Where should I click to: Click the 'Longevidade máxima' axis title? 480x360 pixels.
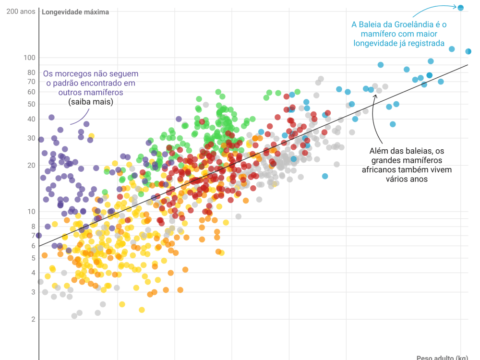[x=75, y=12]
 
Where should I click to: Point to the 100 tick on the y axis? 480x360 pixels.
[x=30, y=58]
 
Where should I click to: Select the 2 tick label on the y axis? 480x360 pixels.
[x=33, y=319]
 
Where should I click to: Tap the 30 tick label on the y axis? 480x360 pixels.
[x=31, y=138]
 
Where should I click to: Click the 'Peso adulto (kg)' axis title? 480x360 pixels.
[x=442, y=358]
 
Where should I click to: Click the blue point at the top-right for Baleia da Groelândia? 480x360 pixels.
[x=460, y=8]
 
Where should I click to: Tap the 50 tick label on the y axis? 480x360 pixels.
[x=31, y=104]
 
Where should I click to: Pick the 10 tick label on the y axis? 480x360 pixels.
[x=31, y=212]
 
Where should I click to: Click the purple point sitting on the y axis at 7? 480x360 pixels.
[x=39, y=235]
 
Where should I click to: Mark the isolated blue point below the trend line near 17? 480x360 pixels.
[x=325, y=176]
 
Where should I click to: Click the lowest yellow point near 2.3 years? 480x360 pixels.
[x=142, y=310]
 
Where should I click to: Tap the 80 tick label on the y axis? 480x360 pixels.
[x=31, y=72]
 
